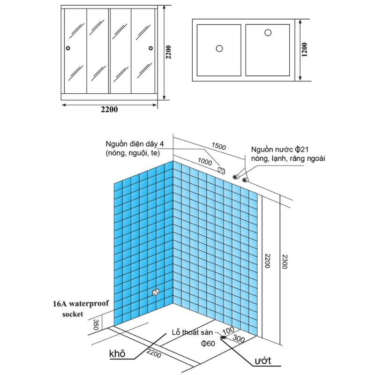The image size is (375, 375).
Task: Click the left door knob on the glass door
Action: click(x=68, y=48)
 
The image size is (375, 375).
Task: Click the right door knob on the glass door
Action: click(x=150, y=48)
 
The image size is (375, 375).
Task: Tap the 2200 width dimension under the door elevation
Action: click(x=109, y=110)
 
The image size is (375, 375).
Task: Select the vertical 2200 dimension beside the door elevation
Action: click(x=168, y=52)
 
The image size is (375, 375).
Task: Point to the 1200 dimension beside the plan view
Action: click(x=304, y=50)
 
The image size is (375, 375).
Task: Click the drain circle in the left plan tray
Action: click(x=219, y=49)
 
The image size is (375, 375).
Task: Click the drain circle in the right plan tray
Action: click(x=268, y=32)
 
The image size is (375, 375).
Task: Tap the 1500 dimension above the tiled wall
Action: click(x=218, y=146)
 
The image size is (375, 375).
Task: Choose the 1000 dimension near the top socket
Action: click(x=205, y=162)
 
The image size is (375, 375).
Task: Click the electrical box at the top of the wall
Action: click(x=221, y=171)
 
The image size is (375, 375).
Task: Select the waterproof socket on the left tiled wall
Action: click(x=156, y=292)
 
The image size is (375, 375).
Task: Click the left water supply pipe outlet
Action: click(x=236, y=177)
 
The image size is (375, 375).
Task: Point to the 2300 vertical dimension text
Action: click(x=285, y=262)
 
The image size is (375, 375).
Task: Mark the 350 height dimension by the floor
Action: click(x=96, y=324)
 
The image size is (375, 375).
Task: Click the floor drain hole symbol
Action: click(x=224, y=337)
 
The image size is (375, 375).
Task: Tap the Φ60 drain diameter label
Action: click(x=208, y=344)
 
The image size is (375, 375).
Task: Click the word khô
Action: click(x=117, y=353)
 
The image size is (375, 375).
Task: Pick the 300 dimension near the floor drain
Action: click(x=239, y=338)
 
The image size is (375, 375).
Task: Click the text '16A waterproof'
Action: click(x=81, y=304)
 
